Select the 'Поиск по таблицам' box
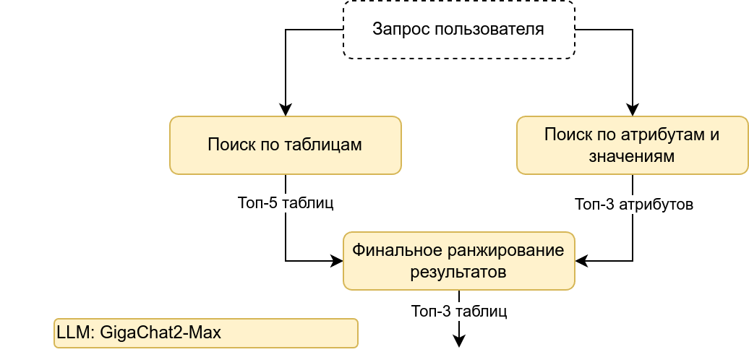[x=285, y=145]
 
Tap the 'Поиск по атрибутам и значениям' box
[x=632, y=145]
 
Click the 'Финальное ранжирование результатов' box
[x=458, y=261]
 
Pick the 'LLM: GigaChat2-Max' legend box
[x=205, y=333]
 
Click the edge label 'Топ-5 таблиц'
[x=285, y=202]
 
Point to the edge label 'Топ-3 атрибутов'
[x=633, y=205]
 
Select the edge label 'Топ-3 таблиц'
[x=458, y=312]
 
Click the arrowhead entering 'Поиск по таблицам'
[x=286, y=111]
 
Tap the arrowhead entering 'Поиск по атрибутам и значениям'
[x=633, y=111]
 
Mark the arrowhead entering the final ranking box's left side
[x=337, y=261]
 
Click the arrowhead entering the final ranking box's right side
[x=581, y=261]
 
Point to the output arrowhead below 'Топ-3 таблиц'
[x=459, y=342]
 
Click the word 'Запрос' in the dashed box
[x=397, y=30]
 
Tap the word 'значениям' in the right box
[x=632, y=156]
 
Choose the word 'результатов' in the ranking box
[x=458, y=273]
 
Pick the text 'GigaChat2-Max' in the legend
[x=160, y=333]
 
